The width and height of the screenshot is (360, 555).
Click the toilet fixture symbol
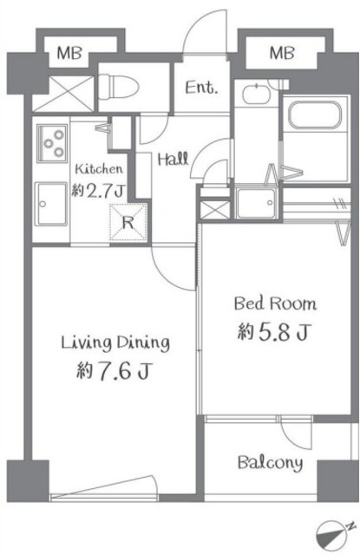pos(119,88)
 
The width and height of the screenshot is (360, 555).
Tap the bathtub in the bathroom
pos(315,114)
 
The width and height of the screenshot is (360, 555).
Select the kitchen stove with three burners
pos(52,143)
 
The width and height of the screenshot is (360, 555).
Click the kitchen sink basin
pos(50,204)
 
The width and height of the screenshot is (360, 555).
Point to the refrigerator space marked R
pos(128,222)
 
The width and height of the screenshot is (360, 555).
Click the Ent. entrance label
pos(201,87)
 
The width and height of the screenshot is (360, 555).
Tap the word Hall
pos(173,160)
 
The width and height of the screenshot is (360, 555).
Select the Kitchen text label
pos(99,168)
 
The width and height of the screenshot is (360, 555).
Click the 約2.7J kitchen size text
pos(98,191)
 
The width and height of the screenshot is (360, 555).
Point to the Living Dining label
pos(115,343)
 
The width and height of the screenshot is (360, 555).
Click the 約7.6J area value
pos(114,370)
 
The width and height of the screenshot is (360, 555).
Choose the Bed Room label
pos(275,304)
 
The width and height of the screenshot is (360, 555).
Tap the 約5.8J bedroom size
pos(274,331)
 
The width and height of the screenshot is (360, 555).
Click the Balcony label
pos(270,463)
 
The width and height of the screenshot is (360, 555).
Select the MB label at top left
pos(69,54)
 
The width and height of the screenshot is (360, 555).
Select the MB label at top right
pos(282,53)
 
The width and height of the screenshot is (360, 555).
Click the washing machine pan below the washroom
pos(256,204)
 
